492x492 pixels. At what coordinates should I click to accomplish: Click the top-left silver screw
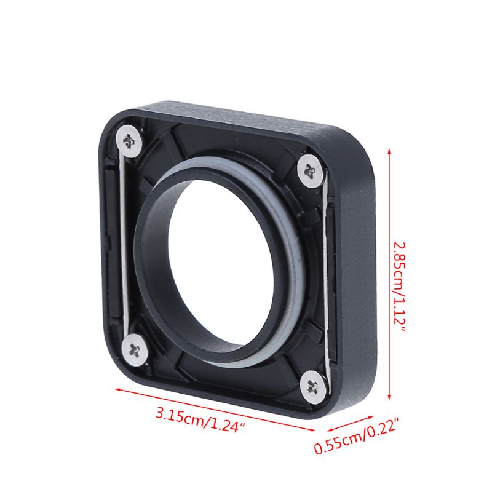point(129,141)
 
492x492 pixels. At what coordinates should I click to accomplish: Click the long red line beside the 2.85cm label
point(389,274)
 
